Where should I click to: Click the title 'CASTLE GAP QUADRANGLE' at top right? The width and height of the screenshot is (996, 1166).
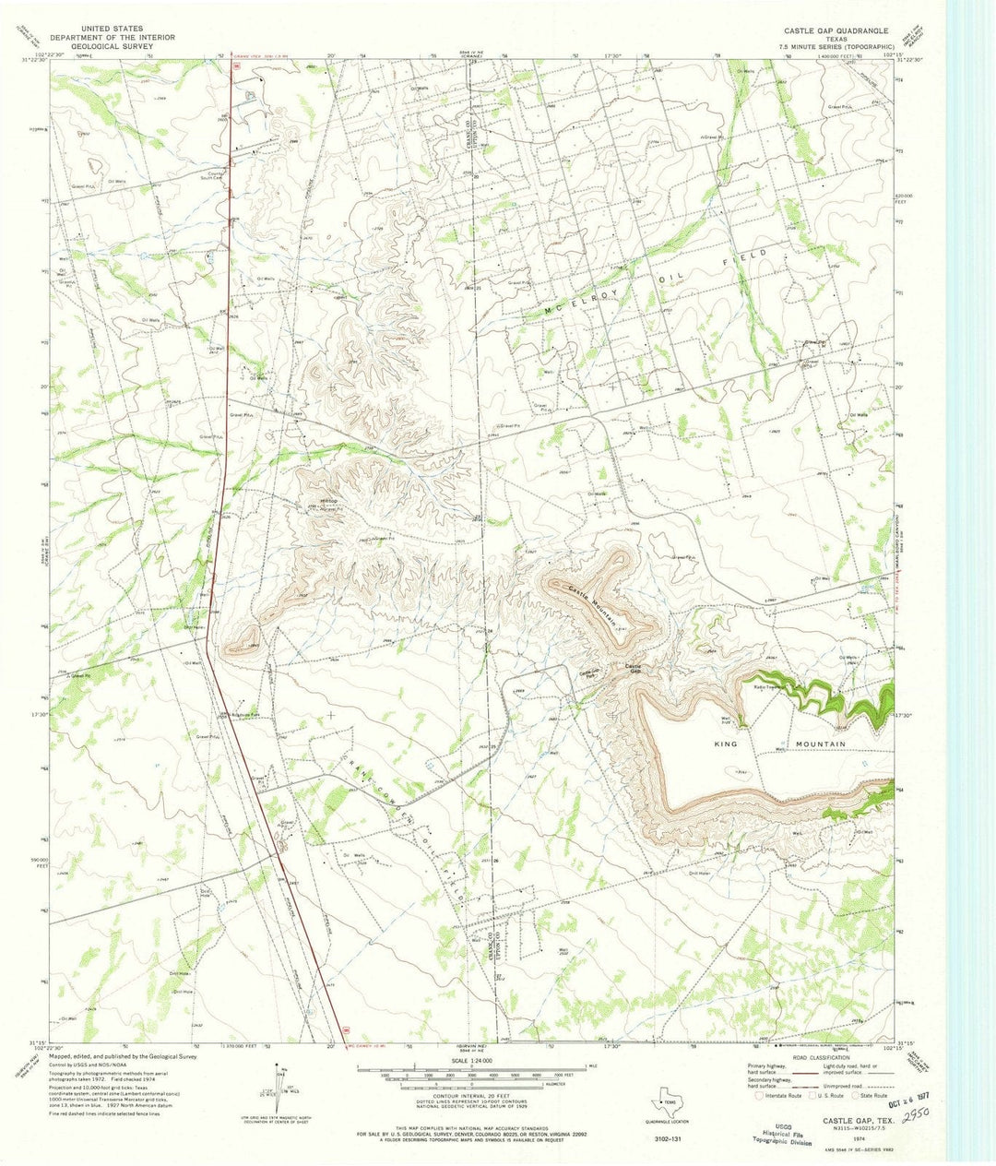click(837, 30)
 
